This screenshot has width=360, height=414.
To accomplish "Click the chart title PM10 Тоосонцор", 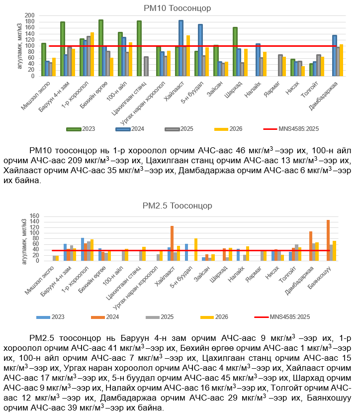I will pos(184,8).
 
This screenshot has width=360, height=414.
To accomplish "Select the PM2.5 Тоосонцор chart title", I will pos(184,206).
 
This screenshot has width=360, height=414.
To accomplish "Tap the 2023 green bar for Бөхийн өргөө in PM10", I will pos(101,48).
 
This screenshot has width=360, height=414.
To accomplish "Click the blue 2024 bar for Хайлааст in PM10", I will pos(181,48).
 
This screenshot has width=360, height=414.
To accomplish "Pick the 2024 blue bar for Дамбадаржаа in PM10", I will pos(335,55).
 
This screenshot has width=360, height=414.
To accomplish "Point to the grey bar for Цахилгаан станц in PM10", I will pos(146,66).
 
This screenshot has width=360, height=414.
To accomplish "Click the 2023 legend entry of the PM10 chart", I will pos(81,129).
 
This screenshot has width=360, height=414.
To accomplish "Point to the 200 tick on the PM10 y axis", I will pos(29,16).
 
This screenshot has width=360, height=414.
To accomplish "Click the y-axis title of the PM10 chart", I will pos(19,45).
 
